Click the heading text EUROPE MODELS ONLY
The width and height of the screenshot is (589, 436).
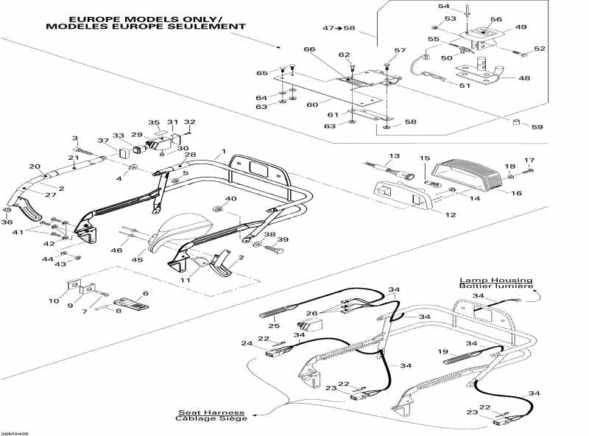click(x=146, y=18)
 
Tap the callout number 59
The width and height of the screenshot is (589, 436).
click(x=537, y=127)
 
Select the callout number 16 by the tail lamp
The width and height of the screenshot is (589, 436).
click(x=515, y=193)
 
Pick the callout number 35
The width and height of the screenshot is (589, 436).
click(x=154, y=122)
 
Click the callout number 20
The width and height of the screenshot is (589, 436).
click(x=35, y=166)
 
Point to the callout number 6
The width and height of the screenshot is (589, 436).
click(x=145, y=293)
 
